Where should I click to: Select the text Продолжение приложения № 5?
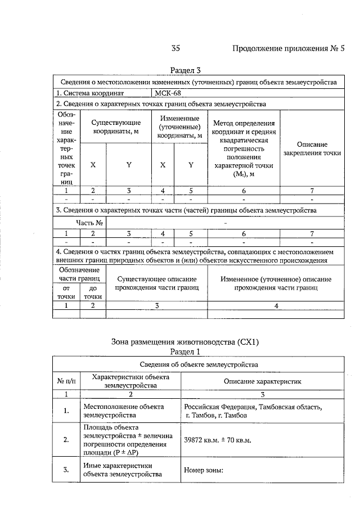288,48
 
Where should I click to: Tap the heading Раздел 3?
185,71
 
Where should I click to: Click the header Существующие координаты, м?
116,127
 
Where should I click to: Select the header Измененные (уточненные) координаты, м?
179,127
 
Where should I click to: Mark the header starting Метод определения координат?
244,148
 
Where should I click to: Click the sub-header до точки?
93,292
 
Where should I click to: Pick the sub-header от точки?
66,292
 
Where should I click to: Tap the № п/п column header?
66,381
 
